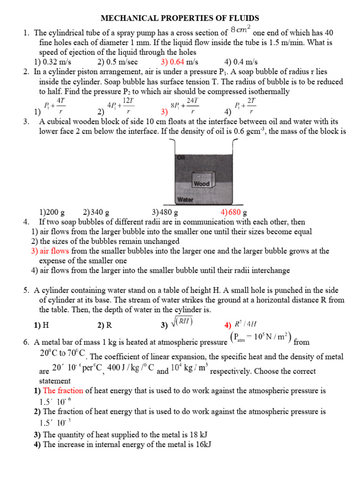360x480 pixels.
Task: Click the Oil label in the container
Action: click(x=181, y=157)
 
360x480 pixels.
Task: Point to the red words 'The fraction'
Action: click(x=60, y=390)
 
